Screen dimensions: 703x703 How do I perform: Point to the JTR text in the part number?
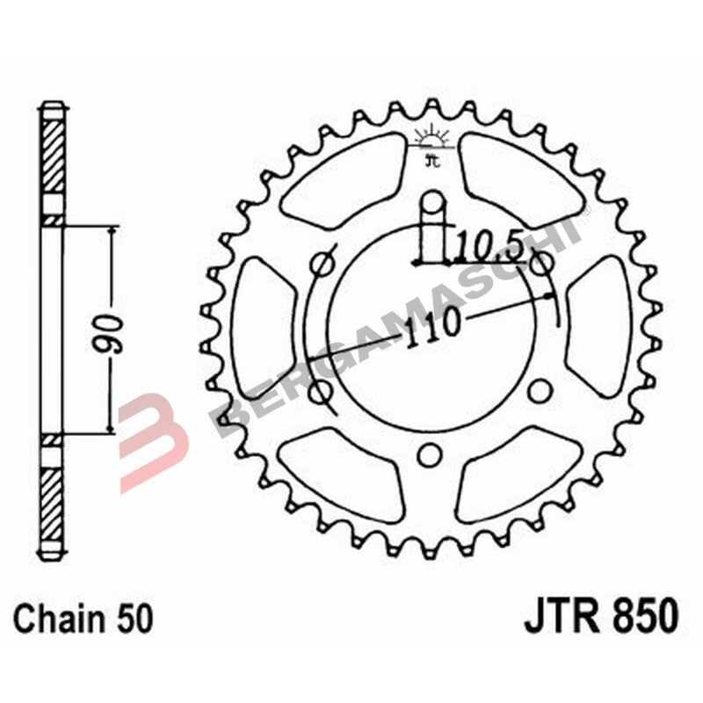click(x=563, y=616)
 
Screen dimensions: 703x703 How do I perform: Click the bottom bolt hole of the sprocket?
click(x=430, y=453)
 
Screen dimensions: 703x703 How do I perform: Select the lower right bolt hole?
click(x=542, y=388)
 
